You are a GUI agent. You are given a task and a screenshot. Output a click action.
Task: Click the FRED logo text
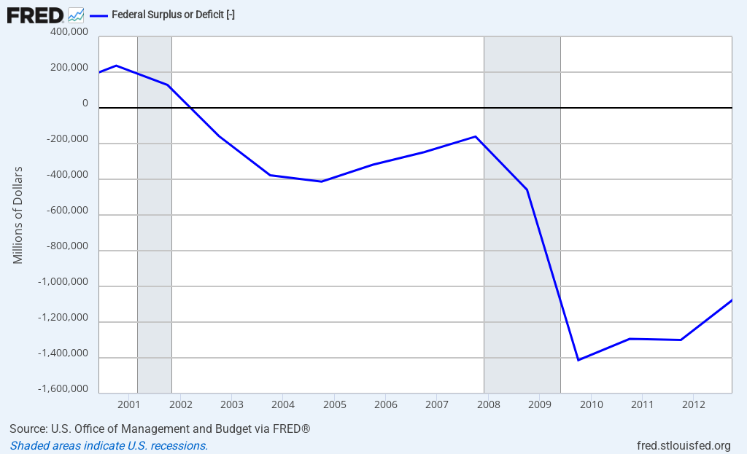(x=35, y=15)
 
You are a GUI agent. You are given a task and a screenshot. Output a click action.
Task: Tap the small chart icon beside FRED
(x=76, y=15)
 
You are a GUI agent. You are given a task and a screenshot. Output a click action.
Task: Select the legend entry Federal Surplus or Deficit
(x=172, y=15)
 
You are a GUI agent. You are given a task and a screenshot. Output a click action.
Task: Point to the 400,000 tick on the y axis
(x=69, y=33)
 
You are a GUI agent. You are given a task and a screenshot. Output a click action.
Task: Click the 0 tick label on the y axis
(x=85, y=103)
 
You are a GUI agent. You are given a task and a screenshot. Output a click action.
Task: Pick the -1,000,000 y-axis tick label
(x=63, y=282)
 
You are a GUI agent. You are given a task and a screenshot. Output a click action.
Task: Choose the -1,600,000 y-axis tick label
(x=63, y=389)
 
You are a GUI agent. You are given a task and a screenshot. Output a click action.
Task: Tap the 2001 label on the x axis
(x=128, y=404)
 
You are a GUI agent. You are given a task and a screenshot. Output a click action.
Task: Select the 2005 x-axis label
(x=334, y=404)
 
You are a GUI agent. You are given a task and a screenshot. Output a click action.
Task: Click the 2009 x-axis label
(x=539, y=404)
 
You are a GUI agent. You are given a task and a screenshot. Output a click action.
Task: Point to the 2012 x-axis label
(x=693, y=404)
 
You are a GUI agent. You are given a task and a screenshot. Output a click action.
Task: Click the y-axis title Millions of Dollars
(x=18, y=215)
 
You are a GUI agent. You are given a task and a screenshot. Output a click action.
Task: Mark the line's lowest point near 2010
(x=578, y=360)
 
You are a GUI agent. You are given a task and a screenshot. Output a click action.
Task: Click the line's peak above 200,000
(x=116, y=66)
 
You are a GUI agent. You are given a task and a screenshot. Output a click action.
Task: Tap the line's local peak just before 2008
(x=476, y=136)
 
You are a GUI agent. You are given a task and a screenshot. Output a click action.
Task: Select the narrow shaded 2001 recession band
(x=155, y=219)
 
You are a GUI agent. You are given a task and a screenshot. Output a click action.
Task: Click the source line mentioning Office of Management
(x=160, y=428)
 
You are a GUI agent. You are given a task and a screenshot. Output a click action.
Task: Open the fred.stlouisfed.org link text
(x=684, y=445)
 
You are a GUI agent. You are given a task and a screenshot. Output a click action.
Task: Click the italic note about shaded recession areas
(x=109, y=445)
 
